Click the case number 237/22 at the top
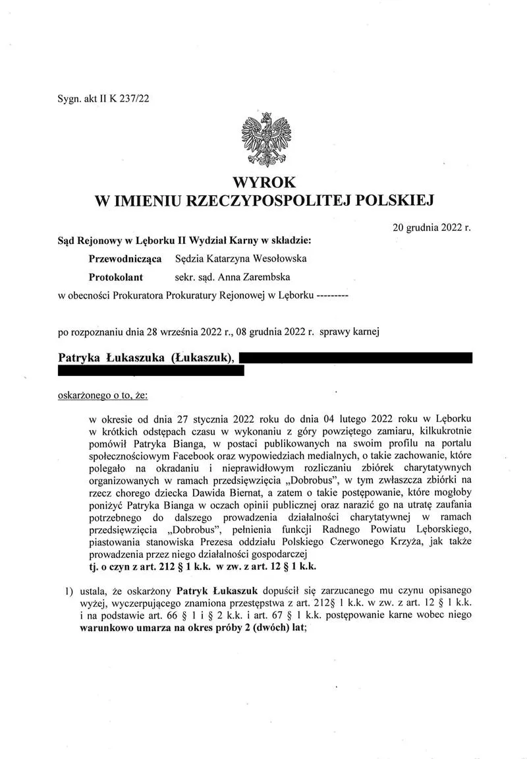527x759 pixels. point(132,99)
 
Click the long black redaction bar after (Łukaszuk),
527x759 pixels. point(356,358)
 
